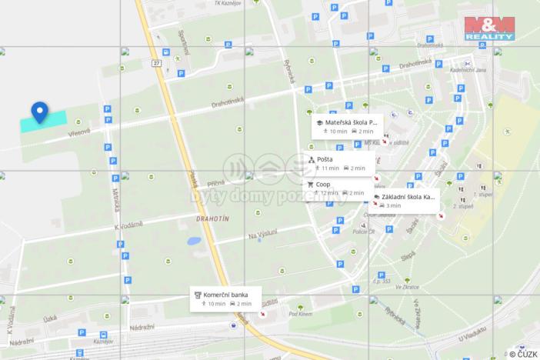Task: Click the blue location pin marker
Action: pyautogui.click(x=40, y=113)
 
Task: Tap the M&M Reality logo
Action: pyautogui.click(x=489, y=26)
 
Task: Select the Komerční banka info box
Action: pyautogui.click(x=226, y=298)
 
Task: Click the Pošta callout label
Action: pyautogui.click(x=338, y=163)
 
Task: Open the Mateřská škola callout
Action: pyautogui.click(x=345, y=126)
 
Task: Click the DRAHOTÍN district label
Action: pyautogui.click(x=202, y=219)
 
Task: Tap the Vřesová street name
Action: pyautogui.click(x=78, y=132)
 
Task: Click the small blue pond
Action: pyautogui.click(x=194, y=241)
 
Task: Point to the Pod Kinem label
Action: pyautogui.click(x=299, y=314)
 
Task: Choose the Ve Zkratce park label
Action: pyautogui.click(x=407, y=287)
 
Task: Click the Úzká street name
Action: pyautogui.click(x=51, y=318)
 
